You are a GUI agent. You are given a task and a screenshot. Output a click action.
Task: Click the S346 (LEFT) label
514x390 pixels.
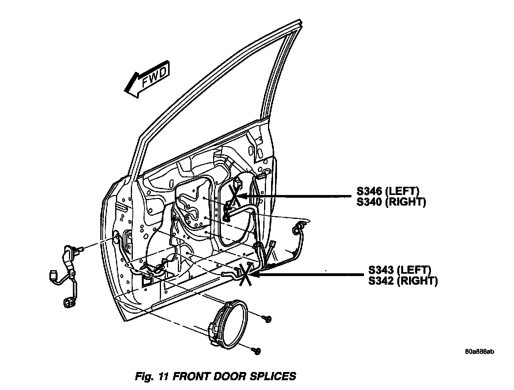[388, 192]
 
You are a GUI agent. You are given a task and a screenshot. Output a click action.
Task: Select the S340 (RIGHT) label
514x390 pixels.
[391, 202]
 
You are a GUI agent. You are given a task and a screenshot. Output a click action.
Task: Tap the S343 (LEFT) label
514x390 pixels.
[400, 270]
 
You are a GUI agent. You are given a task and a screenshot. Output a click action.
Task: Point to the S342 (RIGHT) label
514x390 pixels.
[403, 281]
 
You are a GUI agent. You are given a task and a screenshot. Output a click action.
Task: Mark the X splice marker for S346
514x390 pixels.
[233, 196]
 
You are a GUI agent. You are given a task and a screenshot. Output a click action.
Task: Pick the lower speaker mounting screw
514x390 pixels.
[257, 351]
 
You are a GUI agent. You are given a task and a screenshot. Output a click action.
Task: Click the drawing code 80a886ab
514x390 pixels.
[479, 351]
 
